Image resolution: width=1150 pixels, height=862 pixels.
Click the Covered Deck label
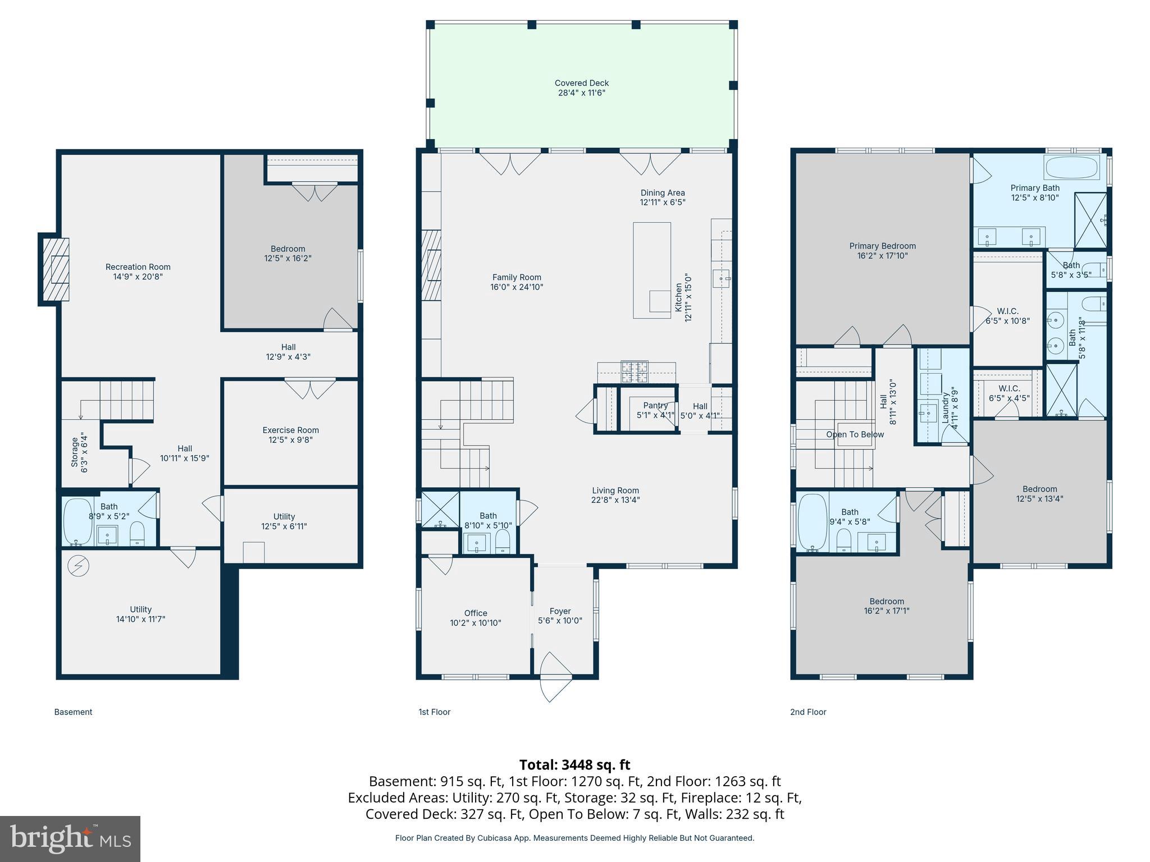(x=581, y=83)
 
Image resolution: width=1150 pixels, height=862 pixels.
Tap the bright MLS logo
(x=70, y=838)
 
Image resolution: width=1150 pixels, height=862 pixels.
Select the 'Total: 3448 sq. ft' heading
(x=574, y=765)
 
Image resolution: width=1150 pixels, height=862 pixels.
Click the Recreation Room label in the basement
(x=138, y=267)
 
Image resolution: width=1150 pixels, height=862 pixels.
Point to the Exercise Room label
(x=290, y=430)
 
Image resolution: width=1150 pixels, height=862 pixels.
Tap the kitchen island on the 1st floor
(x=651, y=270)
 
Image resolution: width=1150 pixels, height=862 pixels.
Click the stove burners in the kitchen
(x=634, y=371)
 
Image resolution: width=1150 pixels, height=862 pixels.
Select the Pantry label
(x=655, y=406)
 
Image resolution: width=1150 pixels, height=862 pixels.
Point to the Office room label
(x=476, y=613)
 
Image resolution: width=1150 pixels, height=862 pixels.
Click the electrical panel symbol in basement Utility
(x=78, y=566)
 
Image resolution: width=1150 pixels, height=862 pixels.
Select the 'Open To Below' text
(x=855, y=434)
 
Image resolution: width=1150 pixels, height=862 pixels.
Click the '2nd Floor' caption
(x=808, y=712)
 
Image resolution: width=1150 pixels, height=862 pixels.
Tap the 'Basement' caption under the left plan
(x=73, y=712)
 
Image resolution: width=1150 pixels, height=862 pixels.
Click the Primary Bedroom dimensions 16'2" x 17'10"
(x=882, y=256)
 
